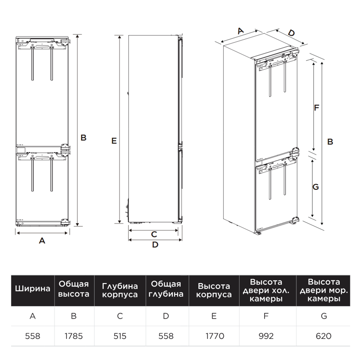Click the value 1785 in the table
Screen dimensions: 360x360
click(x=73, y=336)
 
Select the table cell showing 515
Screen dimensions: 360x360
click(x=120, y=336)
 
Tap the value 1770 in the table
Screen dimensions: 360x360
click(x=215, y=336)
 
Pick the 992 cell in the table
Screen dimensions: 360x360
click(x=266, y=336)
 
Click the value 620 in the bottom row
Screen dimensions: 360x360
click(x=324, y=336)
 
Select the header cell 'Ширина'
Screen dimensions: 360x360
click(x=32, y=288)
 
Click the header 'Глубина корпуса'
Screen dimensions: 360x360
click(x=120, y=290)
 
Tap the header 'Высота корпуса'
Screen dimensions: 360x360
click(x=214, y=290)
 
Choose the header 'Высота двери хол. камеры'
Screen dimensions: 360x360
click(x=266, y=290)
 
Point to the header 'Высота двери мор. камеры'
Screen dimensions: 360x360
click(x=324, y=290)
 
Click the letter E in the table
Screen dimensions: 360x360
click(x=214, y=316)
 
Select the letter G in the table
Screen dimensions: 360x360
click(x=324, y=316)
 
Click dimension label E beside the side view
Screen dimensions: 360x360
click(x=114, y=141)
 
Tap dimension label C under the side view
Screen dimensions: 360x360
click(x=154, y=234)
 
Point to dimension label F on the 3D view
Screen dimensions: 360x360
click(x=317, y=108)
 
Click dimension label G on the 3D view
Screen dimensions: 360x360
click(x=316, y=187)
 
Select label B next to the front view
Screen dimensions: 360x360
click(x=83, y=138)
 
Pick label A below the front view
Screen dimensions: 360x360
click(x=42, y=241)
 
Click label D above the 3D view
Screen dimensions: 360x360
click(x=291, y=33)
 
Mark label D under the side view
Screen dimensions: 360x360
click(x=155, y=245)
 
